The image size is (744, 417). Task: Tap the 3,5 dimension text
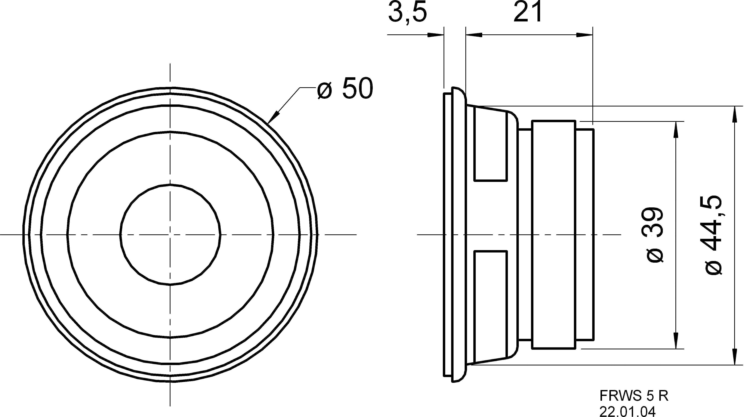[407, 13]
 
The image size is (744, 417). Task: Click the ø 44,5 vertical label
[713, 235]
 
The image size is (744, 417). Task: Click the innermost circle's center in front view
[170, 235]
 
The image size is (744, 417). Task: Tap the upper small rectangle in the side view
[490, 147]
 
